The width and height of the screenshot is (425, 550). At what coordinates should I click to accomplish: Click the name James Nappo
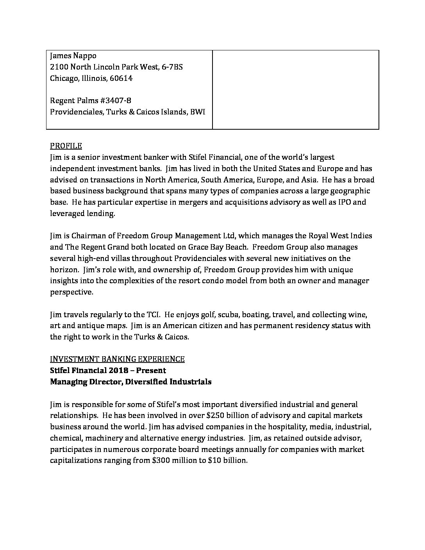tap(73, 55)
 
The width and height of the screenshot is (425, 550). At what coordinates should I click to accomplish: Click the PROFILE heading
tap(66, 146)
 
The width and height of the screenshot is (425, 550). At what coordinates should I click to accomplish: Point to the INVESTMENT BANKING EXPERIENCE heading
tap(117, 359)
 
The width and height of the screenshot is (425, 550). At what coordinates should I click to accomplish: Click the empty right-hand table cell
tap(295, 89)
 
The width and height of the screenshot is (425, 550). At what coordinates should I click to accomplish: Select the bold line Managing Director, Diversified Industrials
tap(130, 382)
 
